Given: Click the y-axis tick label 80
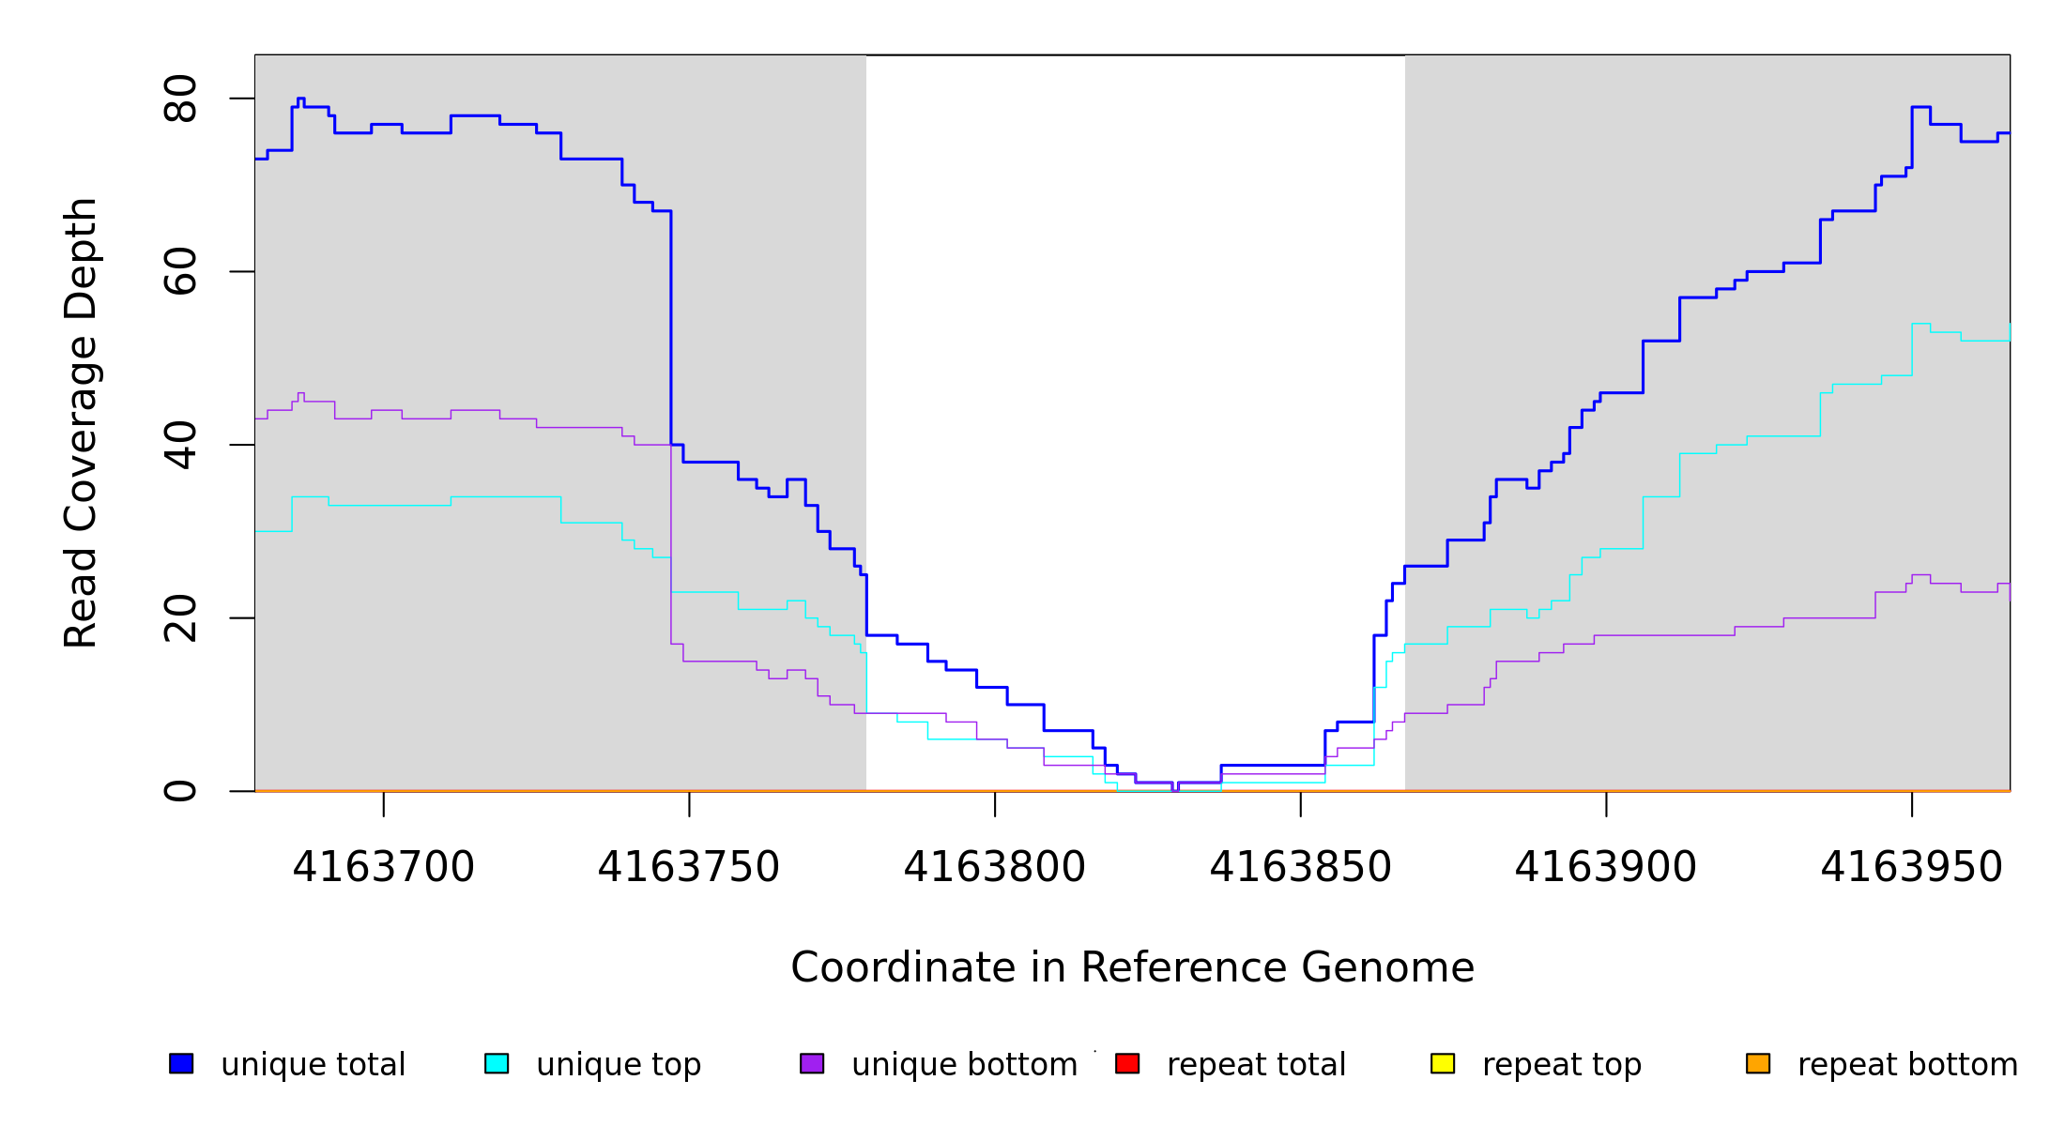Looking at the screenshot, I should coord(180,99).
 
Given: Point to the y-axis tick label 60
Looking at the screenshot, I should coord(180,272).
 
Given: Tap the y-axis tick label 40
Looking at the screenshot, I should coord(180,445).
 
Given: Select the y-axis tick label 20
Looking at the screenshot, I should coord(180,618).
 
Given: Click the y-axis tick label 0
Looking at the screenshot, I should coord(180,791).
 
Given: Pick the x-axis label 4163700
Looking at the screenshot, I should coord(383,868).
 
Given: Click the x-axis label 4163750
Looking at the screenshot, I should coord(689,868).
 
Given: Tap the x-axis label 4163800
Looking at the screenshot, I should coord(995,868).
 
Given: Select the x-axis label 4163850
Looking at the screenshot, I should coord(1300,868).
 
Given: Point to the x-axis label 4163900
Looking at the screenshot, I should coord(1606,868).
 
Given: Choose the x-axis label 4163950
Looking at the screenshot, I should coord(1912,868).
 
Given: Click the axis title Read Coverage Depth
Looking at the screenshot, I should coord(81,422).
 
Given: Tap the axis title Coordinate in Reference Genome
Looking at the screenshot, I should coord(1132,968).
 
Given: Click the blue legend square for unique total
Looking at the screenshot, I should coord(181,1063).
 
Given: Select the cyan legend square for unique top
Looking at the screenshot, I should coord(497,1063).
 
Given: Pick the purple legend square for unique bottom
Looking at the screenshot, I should coord(812,1063).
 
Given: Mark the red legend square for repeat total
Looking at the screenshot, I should coord(1127,1063).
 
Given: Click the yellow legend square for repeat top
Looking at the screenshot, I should coord(1443,1063).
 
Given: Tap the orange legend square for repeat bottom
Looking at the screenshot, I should coord(1758,1063).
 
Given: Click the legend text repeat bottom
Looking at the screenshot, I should coord(1907,1065).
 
